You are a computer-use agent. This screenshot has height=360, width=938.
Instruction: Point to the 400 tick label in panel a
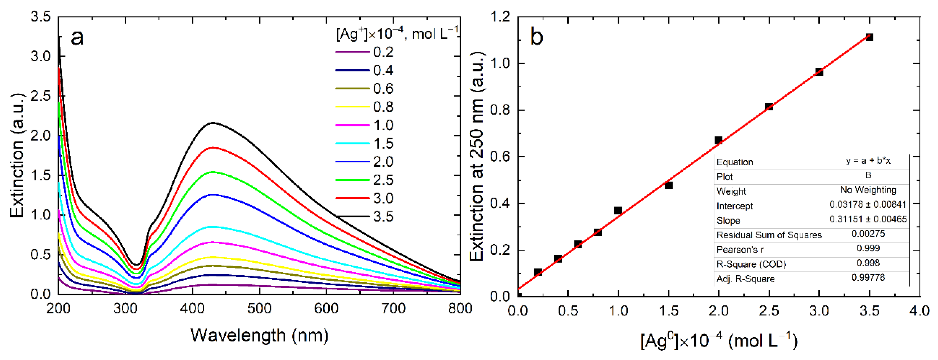192,309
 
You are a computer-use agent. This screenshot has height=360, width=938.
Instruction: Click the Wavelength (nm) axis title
259,335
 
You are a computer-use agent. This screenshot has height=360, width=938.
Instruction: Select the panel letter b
537,37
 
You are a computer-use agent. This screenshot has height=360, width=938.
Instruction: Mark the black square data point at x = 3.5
869,37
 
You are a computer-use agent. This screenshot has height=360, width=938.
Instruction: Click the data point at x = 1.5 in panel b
668,185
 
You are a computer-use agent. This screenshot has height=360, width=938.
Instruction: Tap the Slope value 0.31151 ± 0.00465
868,219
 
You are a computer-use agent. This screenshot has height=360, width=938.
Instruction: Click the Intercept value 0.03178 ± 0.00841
868,204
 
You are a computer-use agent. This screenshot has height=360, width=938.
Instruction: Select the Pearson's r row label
740,250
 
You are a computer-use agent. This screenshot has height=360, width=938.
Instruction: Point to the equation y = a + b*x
868,161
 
